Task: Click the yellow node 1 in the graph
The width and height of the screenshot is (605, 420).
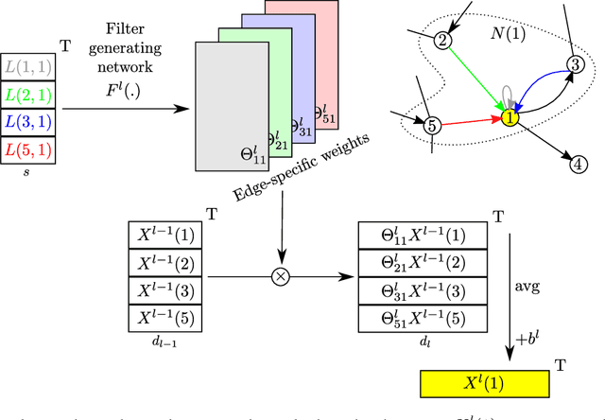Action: (510, 118)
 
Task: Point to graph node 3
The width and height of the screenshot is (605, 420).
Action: (575, 64)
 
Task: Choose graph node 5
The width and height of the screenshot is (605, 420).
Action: (432, 125)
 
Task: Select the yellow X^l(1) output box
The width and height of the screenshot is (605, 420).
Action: (483, 383)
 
